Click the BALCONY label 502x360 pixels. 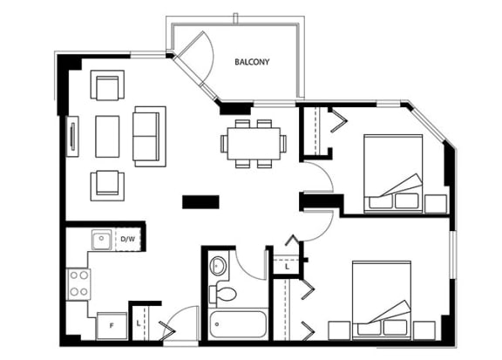coord(252,62)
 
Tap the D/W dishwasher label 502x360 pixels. coord(127,239)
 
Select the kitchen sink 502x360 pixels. coord(101,240)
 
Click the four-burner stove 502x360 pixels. coord(78,284)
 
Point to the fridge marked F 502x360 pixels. coord(112,326)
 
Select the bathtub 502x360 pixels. coord(238,323)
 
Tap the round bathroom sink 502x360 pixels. coord(219,266)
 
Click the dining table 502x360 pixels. coord(254,144)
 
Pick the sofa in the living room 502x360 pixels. coord(149,137)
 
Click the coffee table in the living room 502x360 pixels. coord(107,137)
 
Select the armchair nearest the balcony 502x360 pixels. coord(107,85)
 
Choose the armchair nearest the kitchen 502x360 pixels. coord(107,186)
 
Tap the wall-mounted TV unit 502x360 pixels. coord(72,137)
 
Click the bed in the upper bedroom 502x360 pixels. coord(393,173)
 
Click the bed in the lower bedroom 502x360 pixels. coord(382,300)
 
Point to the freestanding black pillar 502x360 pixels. coord(200,202)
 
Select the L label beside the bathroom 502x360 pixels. coord(288,267)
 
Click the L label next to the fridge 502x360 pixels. coord(139,323)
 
